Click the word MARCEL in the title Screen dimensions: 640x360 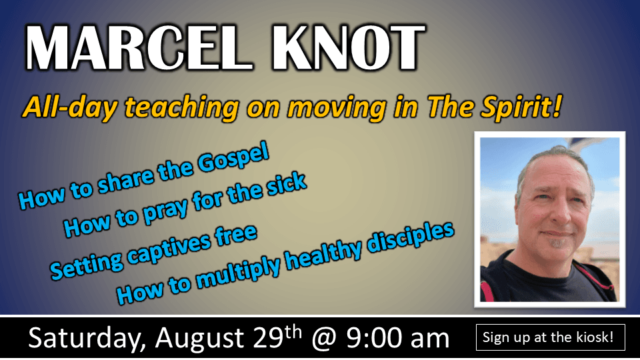(x=139, y=48)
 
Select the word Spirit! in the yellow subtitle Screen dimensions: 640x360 (x=521, y=107)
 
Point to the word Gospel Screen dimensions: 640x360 (x=233, y=157)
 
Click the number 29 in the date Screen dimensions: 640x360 (x=268, y=338)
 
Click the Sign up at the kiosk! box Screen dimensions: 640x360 (x=550, y=337)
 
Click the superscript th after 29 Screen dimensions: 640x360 (x=293, y=332)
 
